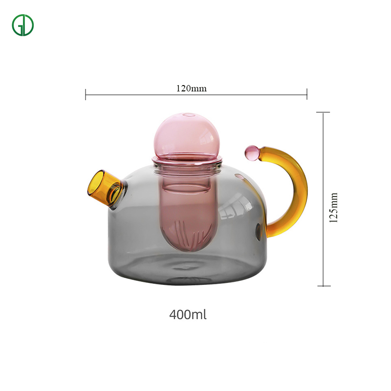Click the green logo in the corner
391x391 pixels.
(x=22, y=25)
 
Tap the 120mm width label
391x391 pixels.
(x=192, y=88)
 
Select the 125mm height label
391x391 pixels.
(x=333, y=207)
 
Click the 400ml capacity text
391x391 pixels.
(x=188, y=314)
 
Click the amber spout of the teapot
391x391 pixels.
(x=105, y=188)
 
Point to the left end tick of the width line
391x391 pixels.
(x=86, y=94)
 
